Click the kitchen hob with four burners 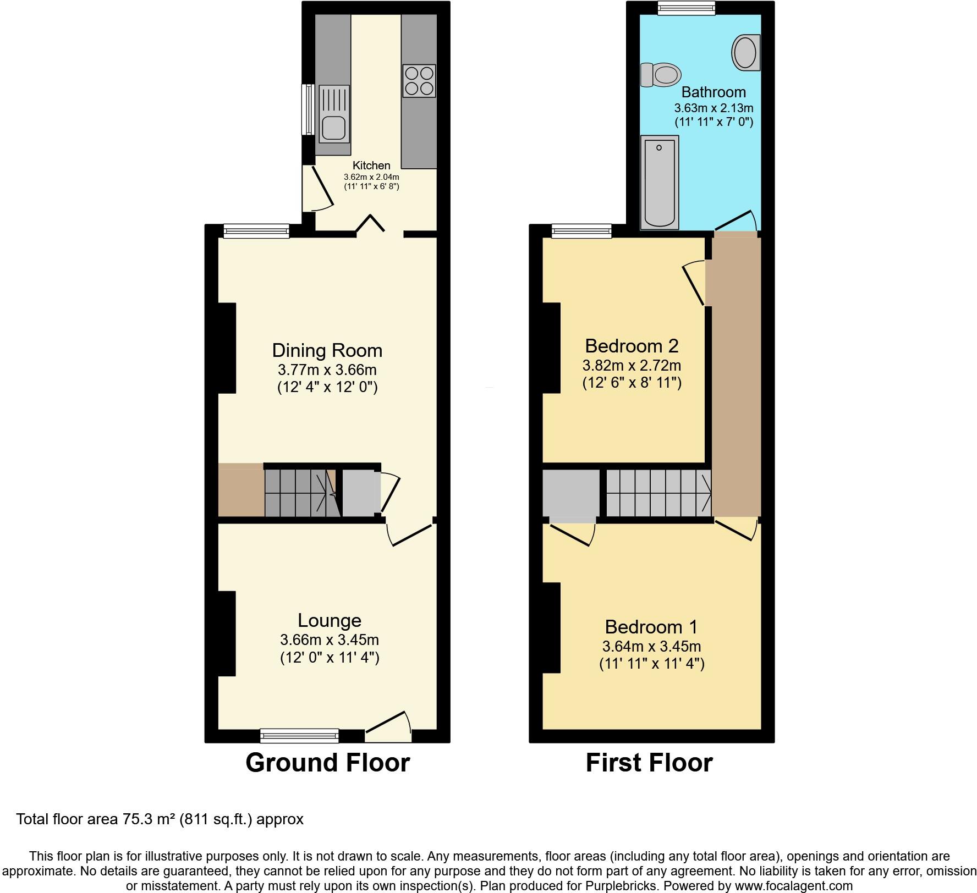pyautogui.click(x=419, y=81)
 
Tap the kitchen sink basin pyautogui.click(x=333, y=128)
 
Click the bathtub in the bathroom pyautogui.click(x=659, y=181)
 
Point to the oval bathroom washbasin pyautogui.click(x=745, y=53)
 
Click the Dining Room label pyautogui.click(x=327, y=350)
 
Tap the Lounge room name pyautogui.click(x=329, y=620)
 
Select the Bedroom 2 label pyautogui.click(x=632, y=346)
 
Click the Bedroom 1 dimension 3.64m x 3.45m pyautogui.click(x=651, y=646)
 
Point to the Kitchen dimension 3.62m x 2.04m pyautogui.click(x=371, y=177)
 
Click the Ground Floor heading pyautogui.click(x=327, y=763)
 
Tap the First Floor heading pyautogui.click(x=649, y=763)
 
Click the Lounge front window pyautogui.click(x=299, y=735)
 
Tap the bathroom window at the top pyautogui.click(x=687, y=8)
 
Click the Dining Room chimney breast pyautogui.click(x=227, y=348)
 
